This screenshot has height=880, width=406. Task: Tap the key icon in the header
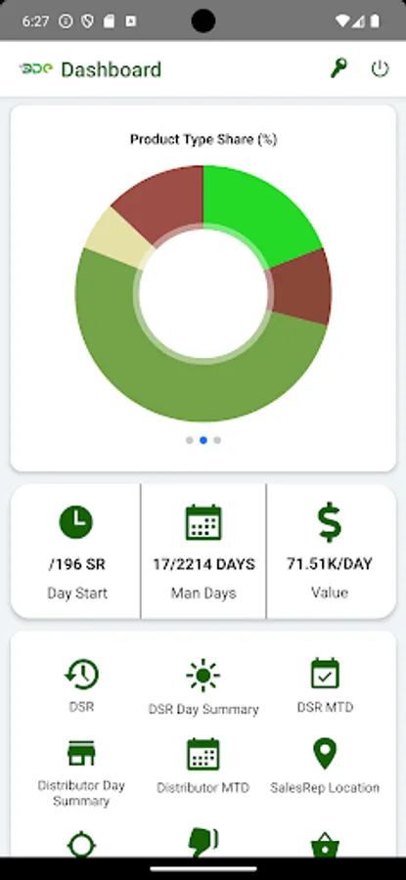(x=338, y=68)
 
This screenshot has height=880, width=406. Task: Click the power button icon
(x=380, y=68)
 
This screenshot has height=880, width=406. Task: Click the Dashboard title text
(x=111, y=69)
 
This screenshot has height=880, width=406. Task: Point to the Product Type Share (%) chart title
(x=203, y=140)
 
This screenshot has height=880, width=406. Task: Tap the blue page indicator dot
(x=203, y=440)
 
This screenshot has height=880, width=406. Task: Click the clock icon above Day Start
(x=76, y=522)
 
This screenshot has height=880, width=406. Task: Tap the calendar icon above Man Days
(x=203, y=523)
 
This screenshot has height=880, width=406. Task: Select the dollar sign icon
(x=330, y=523)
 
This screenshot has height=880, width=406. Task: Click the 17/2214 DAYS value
(x=203, y=564)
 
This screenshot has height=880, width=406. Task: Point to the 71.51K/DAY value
(x=330, y=564)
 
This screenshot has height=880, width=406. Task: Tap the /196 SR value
(x=76, y=564)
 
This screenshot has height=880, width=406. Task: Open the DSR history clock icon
(x=81, y=675)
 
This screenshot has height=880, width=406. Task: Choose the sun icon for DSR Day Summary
(x=203, y=675)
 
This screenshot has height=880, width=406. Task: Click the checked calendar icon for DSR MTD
(x=325, y=674)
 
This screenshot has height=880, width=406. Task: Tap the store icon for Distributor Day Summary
(x=81, y=753)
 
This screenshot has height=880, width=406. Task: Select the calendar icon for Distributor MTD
(x=203, y=754)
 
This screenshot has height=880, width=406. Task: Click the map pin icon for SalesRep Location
(x=325, y=753)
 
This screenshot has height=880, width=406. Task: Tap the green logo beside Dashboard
(x=35, y=68)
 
